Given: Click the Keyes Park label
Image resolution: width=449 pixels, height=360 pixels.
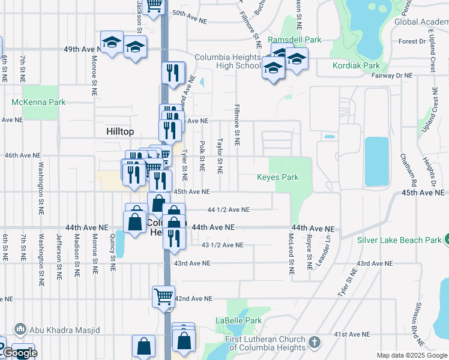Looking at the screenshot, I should point(277,178).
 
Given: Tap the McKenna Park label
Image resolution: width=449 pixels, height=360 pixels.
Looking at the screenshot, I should point(38,102).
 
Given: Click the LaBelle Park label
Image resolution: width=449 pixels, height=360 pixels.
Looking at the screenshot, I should point(239,321).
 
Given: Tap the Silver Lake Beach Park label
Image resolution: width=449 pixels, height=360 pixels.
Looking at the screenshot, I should point(399,240).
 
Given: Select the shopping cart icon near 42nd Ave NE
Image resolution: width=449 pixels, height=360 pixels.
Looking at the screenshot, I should point(163,296).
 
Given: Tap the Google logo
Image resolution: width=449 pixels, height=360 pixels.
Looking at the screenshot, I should point(19,353).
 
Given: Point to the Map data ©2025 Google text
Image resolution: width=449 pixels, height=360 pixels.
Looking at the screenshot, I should point(412,355).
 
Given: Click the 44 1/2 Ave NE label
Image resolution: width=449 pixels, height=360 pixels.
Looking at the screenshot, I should point(228,209).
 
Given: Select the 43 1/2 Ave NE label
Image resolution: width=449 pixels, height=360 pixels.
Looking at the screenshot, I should point(223,245).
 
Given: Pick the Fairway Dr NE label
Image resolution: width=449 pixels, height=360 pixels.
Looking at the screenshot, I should point(392,76).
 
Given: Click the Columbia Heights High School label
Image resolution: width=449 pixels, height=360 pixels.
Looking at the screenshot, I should point(227,62).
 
